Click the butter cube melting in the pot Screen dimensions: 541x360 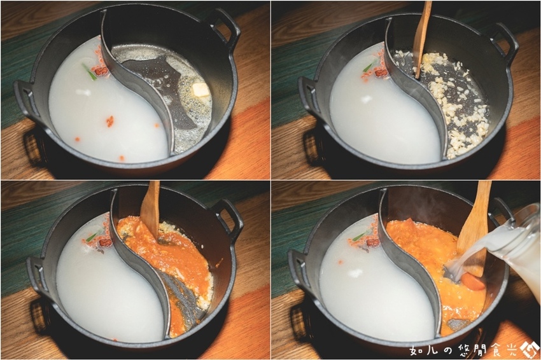[x=200, y=90]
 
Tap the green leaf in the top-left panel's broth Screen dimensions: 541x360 [x=89, y=72]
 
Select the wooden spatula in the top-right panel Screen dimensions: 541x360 [x=423, y=38]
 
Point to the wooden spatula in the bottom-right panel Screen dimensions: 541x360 [x=475, y=228]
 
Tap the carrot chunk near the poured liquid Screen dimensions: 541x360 [x=473, y=281]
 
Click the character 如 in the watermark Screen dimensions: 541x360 [x=416, y=350]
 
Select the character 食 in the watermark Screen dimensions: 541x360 [x=494, y=350]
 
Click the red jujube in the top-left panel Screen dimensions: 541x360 [x=101, y=71]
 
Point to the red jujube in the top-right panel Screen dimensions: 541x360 [x=382, y=73]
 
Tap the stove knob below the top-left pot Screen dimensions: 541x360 [x=34, y=146]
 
